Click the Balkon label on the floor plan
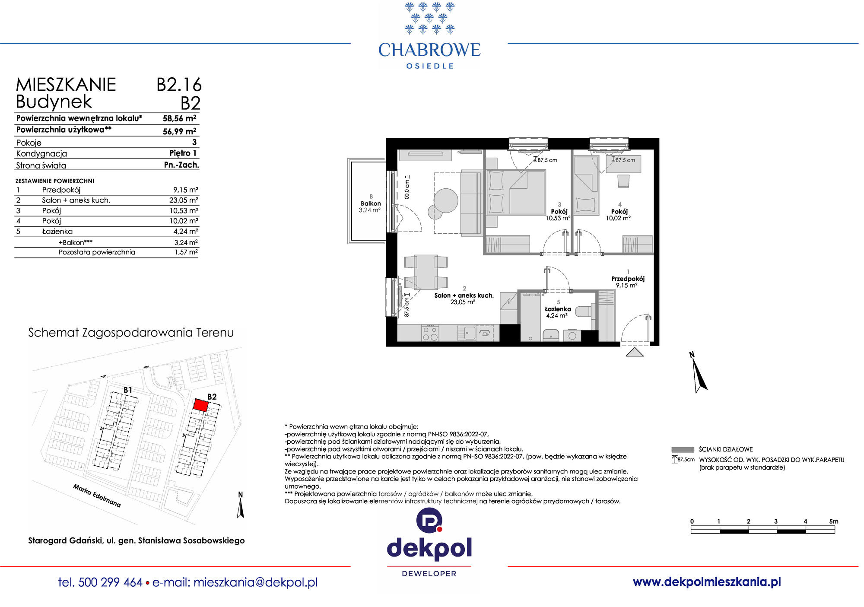(x=371, y=203)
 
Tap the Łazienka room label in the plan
(x=558, y=309)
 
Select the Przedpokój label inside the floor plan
(x=628, y=279)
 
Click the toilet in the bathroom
(x=585, y=311)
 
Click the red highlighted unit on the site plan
(x=200, y=405)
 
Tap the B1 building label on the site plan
(x=128, y=390)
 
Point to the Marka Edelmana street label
(x=97, y=496)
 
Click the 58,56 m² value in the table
(x=179, y=118)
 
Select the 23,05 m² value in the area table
(x=184, y=200)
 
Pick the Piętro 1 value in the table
(x=183, y=153)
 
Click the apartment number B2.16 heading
(x=179, y=85)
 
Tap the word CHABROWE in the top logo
(x=429, y=50)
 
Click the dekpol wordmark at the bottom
(x=429, y=549)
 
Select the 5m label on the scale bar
(x=834, y=521)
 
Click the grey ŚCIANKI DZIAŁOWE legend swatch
(x=683, y=449)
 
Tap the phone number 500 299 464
(x=111, y=582)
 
